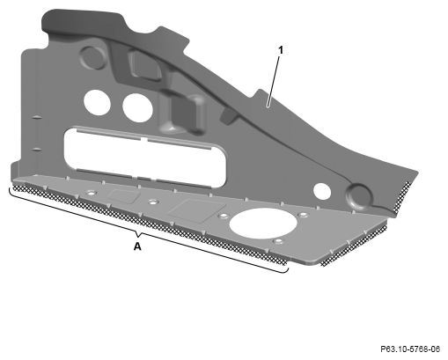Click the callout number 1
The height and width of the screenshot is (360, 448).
click(281, 50)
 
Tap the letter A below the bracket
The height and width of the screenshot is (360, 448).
click(137, 246)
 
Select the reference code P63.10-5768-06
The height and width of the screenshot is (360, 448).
click(410, 349)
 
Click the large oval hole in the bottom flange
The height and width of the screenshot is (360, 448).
click(263, 224)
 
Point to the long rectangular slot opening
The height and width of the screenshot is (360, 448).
click(145, 158)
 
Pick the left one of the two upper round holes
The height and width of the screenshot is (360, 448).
click(97, 102)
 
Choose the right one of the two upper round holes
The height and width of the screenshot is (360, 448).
click(137, 107)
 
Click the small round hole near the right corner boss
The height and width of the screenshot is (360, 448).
click(322, 191)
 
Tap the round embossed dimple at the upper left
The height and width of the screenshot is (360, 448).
click(93, 57)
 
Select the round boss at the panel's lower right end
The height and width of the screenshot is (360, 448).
click(358, 196)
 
